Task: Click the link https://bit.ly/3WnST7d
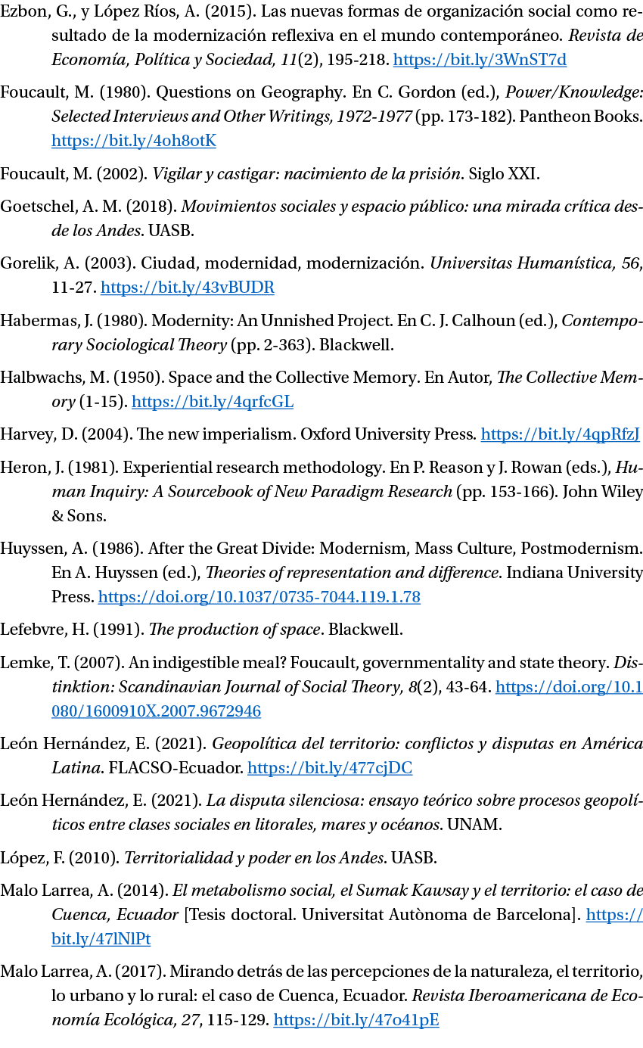[x=480, y=60]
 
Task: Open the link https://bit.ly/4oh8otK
[x=134, y=141]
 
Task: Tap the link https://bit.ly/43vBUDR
[x=188, y=288]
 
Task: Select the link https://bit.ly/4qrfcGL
[x=213, y=402]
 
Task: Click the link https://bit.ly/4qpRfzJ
[x=561, y=434]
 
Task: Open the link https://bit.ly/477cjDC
[x=330, y=768]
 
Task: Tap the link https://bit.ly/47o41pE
[x=356, y=1020]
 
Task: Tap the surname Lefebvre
[x=33, y=630]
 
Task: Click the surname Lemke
[x=26, y=663]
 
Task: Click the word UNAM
[x=473, y=825]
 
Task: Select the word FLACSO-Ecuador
[x=176, y=768]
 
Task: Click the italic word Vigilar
[x=176, y=174]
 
